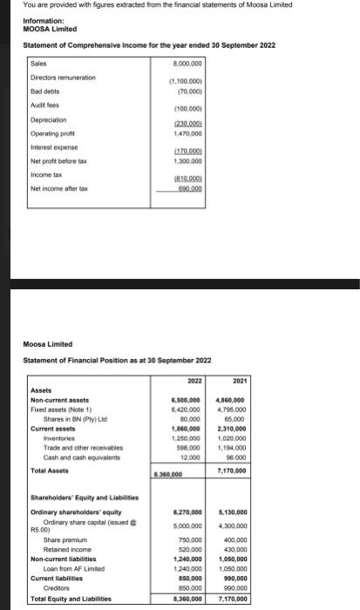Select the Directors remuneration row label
point(64,77)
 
